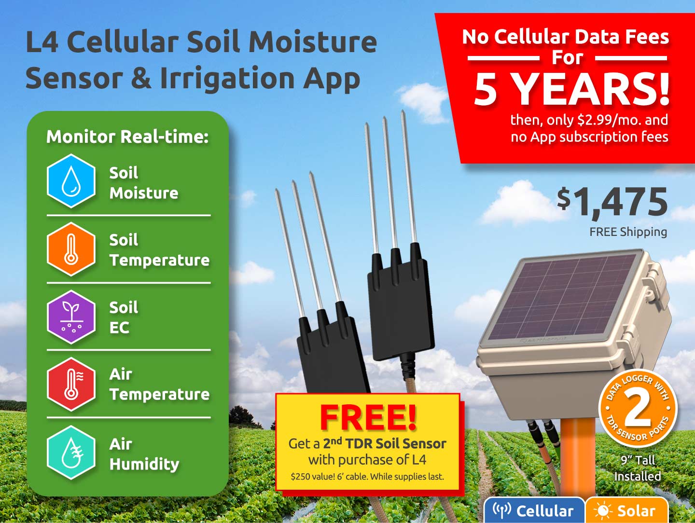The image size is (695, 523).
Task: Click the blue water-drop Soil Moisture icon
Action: coord(71,181)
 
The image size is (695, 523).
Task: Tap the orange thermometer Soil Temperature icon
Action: coord(71,249)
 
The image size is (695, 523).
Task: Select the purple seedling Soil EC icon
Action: coord(71,317)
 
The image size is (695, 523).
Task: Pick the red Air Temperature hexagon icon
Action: coord(71,385)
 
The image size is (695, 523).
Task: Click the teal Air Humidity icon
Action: coord(71,453)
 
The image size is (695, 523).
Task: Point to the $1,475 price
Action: coord(612,203)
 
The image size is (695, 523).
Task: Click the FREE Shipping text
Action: coord(628,232)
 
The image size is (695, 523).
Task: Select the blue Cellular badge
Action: coord(534,510)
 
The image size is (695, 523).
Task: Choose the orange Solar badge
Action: coord(626,510)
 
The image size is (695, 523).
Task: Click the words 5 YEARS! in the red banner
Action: coord(571,89)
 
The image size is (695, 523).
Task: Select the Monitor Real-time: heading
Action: coord(127,137)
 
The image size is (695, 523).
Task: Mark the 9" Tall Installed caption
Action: coord(638,468)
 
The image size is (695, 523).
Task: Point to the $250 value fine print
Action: coord(367,477)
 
